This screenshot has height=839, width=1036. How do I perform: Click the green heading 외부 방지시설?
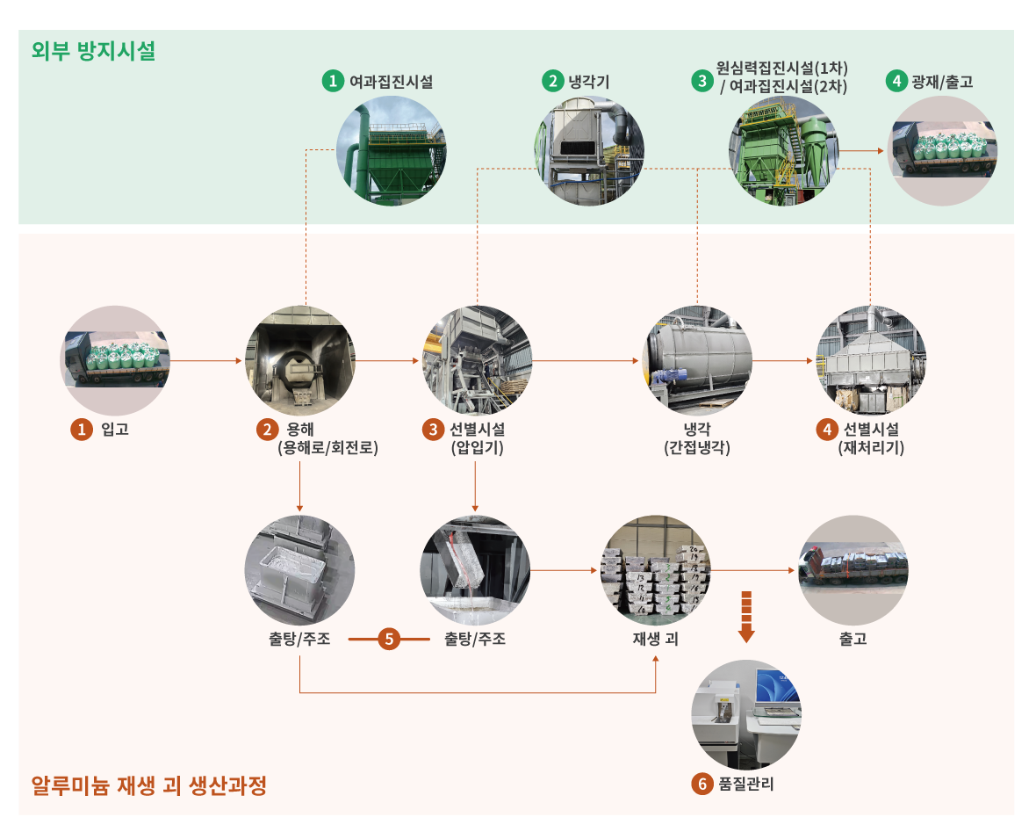pyautogui.click(x=93, y=51)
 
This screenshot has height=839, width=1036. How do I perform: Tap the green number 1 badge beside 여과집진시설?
pyautogui.click(x=332, y=82)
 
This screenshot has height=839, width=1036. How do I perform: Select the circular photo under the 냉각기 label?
pyautogui.click(x=589, y=150)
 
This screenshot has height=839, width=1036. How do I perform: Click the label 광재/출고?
pyautogui.click(x=942, y=82)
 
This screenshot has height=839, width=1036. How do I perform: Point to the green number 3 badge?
pyautogui.click(x=701, y=81)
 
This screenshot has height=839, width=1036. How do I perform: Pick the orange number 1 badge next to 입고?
pyautogui.click(x=81, y=430)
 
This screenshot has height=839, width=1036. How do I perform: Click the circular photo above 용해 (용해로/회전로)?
pyautogui.click(x=299, y=360)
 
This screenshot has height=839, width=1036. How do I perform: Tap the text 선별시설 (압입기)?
pyautogui.click(x=477, y=438)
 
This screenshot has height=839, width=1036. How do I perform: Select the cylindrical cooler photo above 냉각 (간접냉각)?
pyautogui.click(x=697, y=360)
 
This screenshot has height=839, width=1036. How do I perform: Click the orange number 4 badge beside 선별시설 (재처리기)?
pyautogui.click(x=825, y=430)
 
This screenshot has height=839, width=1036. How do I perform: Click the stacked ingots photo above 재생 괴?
pyautogui.click(x=655, y=570)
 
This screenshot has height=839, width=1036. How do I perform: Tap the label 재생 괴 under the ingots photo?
pyautogui.click(x=655, y=639)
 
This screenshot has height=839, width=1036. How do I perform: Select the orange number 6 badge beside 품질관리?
pyautogui.click(x=701, y=784)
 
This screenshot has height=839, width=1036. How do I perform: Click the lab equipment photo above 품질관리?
pyautogui.click(x=746, y=714)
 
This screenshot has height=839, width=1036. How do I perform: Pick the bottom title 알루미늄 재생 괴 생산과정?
pyautogui.click(x=148, y=785)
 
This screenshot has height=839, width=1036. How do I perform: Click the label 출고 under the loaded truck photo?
pyautogui.click(x=853, y=639)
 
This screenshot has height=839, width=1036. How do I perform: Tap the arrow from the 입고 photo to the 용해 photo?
pyautogui.click(x=207, y=360)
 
